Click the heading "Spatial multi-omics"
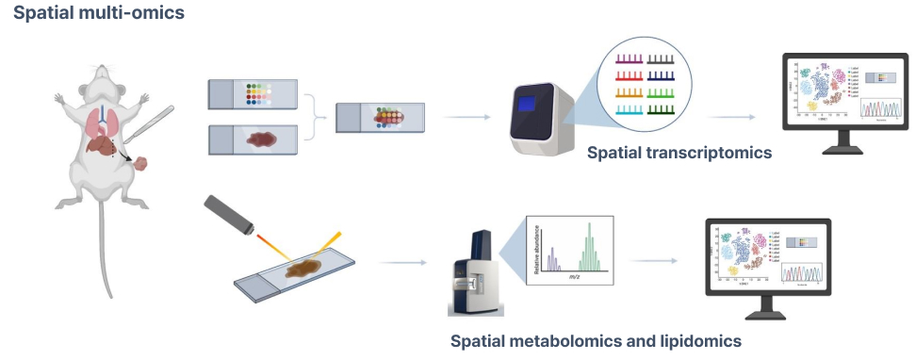pos(86,15)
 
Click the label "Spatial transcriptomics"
pos(679,152)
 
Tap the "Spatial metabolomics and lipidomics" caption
pos(596,340)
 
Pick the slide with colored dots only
pos(252,94)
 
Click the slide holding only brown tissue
pos(252,139)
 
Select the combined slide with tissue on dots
pos(380,118)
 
